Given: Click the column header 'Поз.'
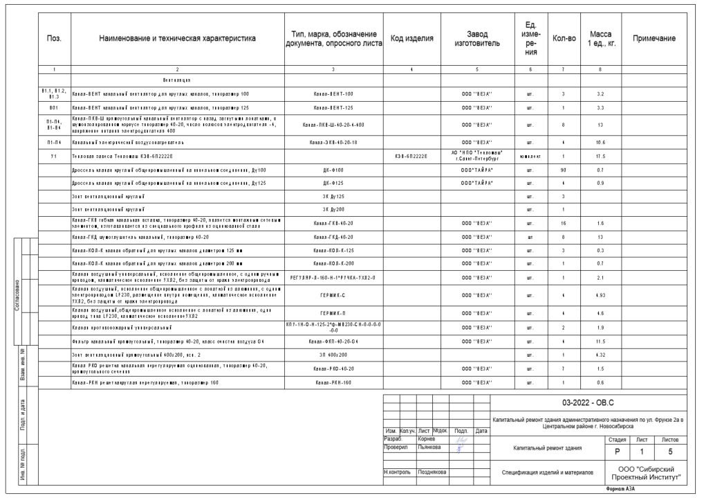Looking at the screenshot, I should point(54,39).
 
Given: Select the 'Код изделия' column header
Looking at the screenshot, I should point(412,39).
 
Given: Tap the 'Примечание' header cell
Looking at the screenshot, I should point(654,39).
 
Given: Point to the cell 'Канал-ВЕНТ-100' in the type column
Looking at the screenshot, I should point(333,94).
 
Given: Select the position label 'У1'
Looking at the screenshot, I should point(54,156).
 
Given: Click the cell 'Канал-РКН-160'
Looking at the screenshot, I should point(333,382).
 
